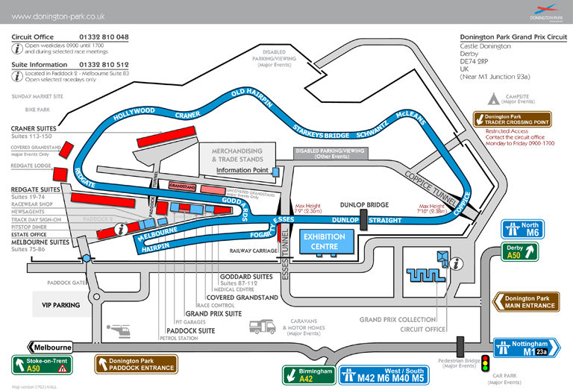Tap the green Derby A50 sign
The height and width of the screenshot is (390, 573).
tap(520, 251)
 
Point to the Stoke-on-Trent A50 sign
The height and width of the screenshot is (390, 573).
tap(40, 365)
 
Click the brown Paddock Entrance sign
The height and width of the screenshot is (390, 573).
tap(136, 364)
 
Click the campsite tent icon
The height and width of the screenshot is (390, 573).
tap(492, 98)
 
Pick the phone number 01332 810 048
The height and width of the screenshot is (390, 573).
tap(104, 37)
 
